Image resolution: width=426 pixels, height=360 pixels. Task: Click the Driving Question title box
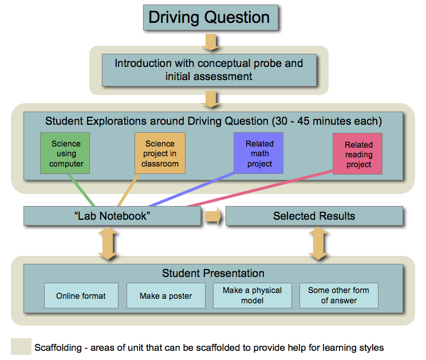click(211, 17)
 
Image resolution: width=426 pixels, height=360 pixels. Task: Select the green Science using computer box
click(65, 153)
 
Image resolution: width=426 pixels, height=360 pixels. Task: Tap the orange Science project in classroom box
click(160, 153)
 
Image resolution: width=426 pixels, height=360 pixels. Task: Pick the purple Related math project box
click(258, 153)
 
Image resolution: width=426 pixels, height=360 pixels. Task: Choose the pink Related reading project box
click(357, 153)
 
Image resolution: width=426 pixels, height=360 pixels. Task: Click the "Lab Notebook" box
click(112, 216)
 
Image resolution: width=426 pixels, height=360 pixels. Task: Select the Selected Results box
click(314, 216)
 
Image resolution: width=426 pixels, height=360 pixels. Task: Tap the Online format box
click(81, 296)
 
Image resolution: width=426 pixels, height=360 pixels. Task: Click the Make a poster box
click(165, 296)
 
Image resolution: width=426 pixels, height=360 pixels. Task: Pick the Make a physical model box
click(253, 296)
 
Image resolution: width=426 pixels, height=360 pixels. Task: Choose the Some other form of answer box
click(339, 296)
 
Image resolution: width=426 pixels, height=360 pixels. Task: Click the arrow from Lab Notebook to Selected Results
click(213, 216)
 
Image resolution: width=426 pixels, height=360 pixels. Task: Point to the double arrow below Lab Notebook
click(108, 243)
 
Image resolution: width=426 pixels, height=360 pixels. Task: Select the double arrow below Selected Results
click(318, 243)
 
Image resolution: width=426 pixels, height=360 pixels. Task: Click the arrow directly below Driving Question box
click(211, 42)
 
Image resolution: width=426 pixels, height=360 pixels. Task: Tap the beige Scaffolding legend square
click(21, 346)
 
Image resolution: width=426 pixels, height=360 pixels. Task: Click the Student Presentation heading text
click(213, 273)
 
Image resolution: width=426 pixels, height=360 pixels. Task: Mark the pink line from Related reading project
click(260, 188)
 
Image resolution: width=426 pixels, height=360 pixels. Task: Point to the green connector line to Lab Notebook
click(81, 190)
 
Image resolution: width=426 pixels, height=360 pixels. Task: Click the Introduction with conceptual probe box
click(209, 70)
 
